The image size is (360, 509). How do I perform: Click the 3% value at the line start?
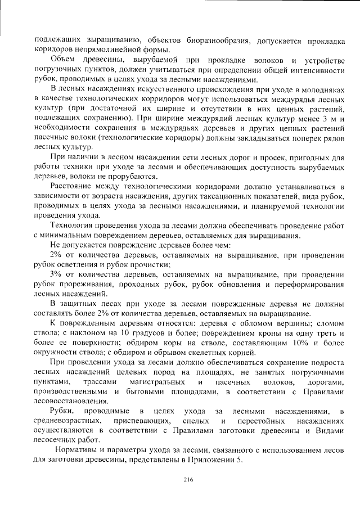[56, 274]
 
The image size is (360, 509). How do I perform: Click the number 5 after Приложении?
[240, 460]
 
